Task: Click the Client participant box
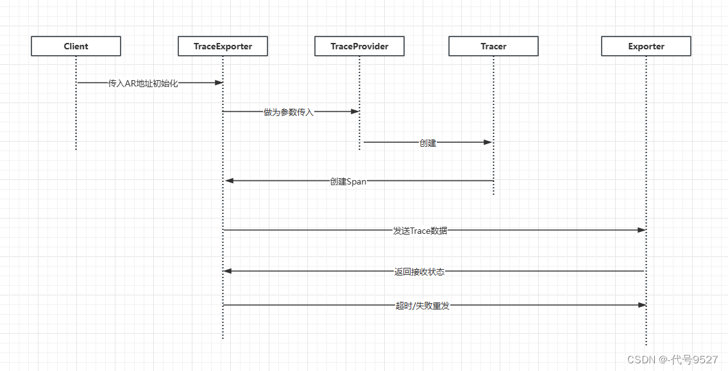click(x=76, y=46)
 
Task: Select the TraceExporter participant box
click(x=223, y=46)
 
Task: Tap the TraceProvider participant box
click(x=359, y=46)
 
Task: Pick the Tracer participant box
click(x=493, y=46)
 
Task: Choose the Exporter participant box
click(x=646, y=46)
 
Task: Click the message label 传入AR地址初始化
click(x=143, y=83)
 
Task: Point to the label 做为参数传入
click(x=289, y=112)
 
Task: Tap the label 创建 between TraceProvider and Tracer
click(x=428, y=143)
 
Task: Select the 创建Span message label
click(x=348, y=181)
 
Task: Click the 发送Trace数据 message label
click(x=420, y=231)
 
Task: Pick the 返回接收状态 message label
click(x=419, y=272)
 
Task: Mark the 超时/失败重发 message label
click(x=423, y=306)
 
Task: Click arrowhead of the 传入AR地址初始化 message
click(x=218, y=83)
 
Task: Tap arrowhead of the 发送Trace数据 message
click(x=641, y=230)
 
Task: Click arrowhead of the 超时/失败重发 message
click(x=641, y=305)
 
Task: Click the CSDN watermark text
click(x=672, y=359)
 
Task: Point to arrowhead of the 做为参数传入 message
click(x=355, y=111)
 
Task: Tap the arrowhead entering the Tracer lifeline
click(x=487, y=142)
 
